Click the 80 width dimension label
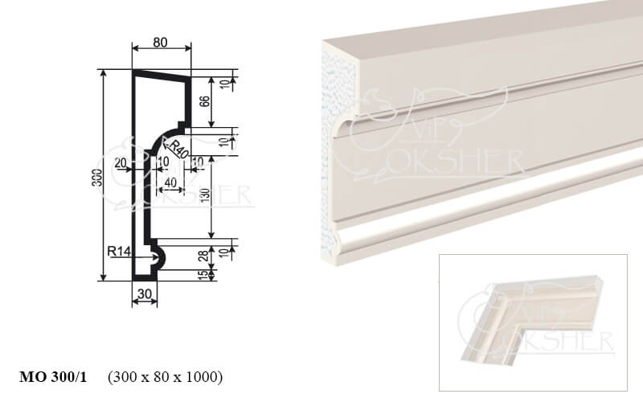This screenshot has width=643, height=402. [x=160, y=43]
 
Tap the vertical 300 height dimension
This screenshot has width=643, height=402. [x=97, y=177]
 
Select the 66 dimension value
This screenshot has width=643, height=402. [x=204, y=101]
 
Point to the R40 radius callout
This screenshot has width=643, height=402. [x=177, y=150]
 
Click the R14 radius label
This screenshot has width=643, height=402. [x=119, y=251]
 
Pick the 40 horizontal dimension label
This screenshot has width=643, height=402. [x=170, y=182]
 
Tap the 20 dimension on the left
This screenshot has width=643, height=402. [x=120, y=163]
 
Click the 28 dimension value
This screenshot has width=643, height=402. [x=203, y=256]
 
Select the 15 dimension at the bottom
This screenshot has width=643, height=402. [x=203, y=274]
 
